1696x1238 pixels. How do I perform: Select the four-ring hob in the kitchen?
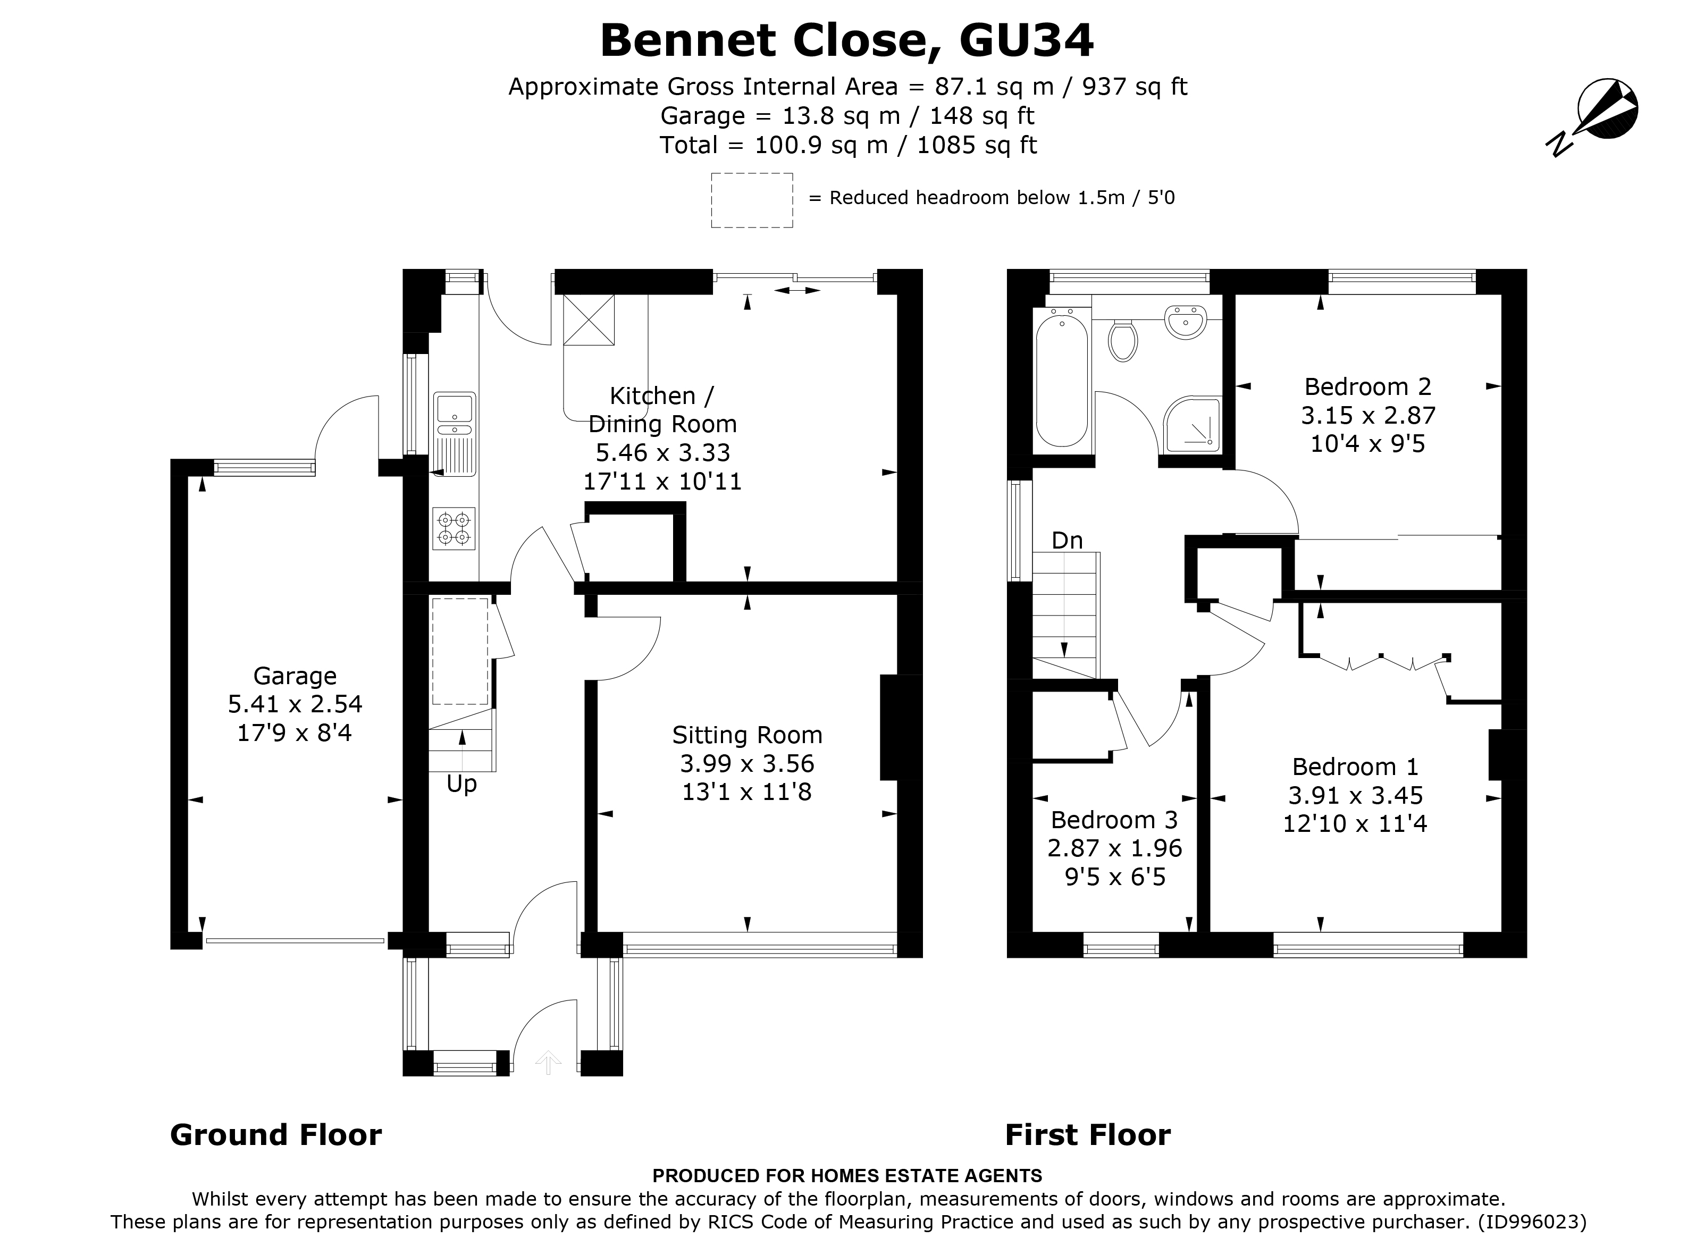pos(454,528)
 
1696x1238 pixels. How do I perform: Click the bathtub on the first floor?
pos(1061,382)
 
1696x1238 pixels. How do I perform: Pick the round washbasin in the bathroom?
pos(1185,322)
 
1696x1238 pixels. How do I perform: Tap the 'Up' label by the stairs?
pos(461,785)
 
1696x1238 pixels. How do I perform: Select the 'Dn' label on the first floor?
pos(1067,540)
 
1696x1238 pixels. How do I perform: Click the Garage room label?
pos(295,676)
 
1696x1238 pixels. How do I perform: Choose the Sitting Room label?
pos(747,735)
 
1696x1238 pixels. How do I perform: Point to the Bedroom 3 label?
pos(1114,820)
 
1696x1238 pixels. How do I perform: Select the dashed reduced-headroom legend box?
pos(752,200)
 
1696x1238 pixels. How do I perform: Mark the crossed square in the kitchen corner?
pos(589,319)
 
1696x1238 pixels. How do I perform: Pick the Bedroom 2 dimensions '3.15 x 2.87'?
pos(1368,415)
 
